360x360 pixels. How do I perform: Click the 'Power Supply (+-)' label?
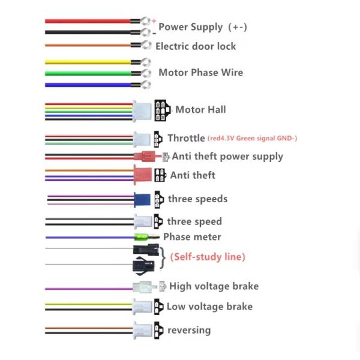pos(203,27)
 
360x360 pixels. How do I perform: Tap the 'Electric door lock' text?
pos(196,46)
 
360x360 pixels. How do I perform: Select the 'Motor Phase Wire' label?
pos(200,73)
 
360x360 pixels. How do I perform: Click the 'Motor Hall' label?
pos(200,110)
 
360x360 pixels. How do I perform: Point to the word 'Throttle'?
pos(186,139)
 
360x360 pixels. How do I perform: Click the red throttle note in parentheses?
pos(252,139)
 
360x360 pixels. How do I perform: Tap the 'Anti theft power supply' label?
pos(227,157)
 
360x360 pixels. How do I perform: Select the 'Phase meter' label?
pos(192,237)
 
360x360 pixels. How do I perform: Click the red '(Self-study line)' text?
pos(208,257)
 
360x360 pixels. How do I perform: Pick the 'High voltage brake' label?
pos(214,286)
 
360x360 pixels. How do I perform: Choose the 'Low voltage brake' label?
pos(209,307)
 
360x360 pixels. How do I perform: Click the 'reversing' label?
pos(189,330)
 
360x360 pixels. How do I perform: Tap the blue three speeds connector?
pos(142,199)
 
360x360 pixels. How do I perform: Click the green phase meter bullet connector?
pos(142,237)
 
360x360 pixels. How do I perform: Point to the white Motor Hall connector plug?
pos(142,110)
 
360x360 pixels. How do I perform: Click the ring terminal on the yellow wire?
pos(145,62)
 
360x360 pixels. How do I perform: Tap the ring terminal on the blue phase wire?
pos(145,85)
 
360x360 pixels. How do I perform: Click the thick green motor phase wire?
pos(90,73)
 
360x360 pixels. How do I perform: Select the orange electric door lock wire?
pos(90,45)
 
